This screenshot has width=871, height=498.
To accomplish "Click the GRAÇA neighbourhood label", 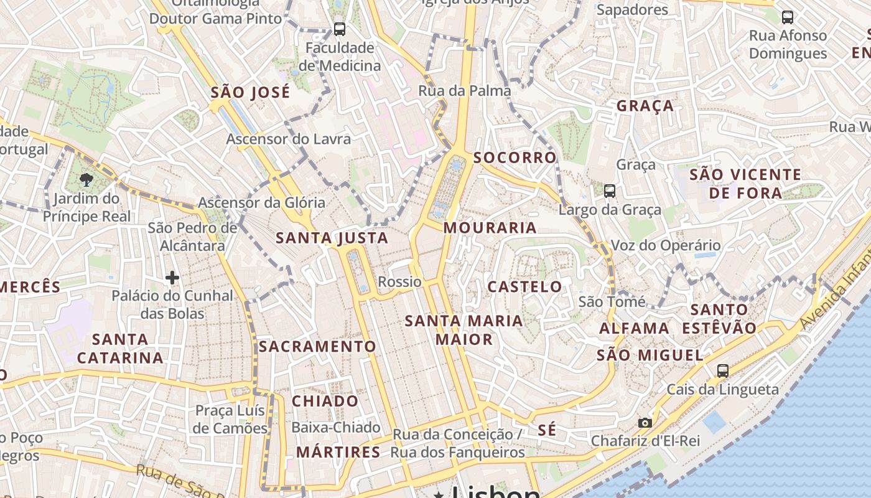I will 645,106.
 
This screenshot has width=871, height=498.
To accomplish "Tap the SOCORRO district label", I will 515,157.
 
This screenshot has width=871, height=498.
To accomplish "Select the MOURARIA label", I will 490,228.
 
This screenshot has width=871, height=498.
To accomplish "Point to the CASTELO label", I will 524,287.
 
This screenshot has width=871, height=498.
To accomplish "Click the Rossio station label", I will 399,282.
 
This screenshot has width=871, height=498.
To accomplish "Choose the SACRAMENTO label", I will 317,347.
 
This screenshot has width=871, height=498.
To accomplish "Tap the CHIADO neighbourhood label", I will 325,401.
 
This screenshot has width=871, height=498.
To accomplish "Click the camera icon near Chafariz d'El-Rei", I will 645,423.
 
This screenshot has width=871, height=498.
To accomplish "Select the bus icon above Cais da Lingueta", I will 722,371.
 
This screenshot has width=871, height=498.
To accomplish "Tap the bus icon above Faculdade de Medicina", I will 339,29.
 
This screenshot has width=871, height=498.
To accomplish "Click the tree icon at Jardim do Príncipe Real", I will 86,181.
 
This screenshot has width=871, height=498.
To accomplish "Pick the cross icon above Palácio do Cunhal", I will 172,278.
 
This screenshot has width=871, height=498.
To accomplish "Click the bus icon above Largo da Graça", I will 610,191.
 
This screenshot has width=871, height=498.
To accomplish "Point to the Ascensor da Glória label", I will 261,202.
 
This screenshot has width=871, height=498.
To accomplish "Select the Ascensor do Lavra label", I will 288,139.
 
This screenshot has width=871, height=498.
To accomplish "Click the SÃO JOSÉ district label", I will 250,93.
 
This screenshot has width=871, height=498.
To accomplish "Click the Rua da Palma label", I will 464,91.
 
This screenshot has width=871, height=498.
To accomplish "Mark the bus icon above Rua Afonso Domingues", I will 788,17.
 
